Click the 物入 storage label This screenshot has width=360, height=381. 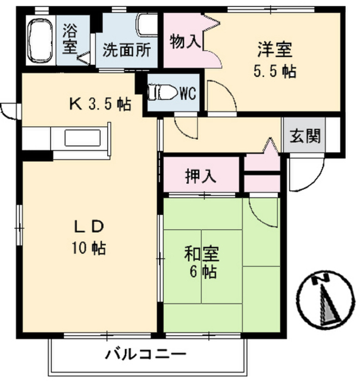click(x=184, y=42)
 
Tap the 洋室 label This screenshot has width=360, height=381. click(x=274, y=47)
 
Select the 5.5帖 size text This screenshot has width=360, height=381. click(x=274, y=71)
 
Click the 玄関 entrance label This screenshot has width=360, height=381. click(x=305, y=136)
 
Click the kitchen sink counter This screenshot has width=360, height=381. click(x=83, y=138)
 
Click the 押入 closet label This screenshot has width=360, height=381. click(x=201, y=176)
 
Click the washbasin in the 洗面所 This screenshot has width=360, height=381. click(x=146, y=27)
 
